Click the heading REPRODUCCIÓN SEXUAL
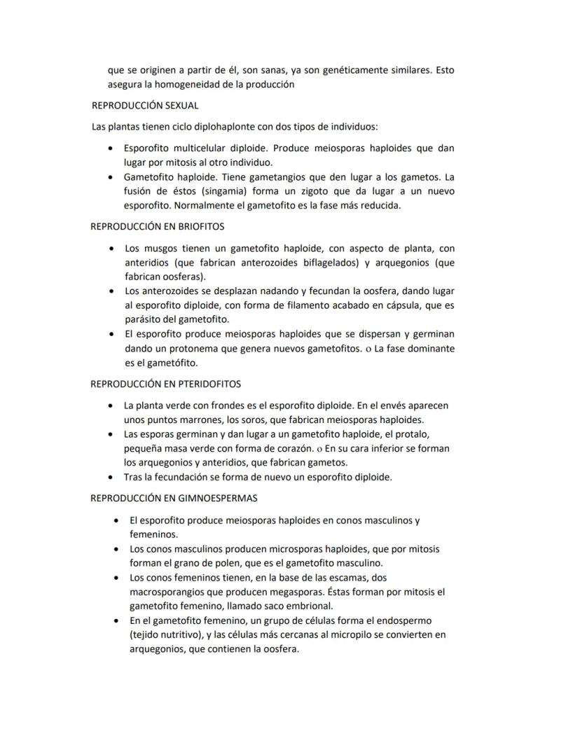point(145,106)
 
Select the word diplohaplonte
point(226,127)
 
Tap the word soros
point(229,420)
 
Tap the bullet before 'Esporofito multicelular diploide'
point(111,148)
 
